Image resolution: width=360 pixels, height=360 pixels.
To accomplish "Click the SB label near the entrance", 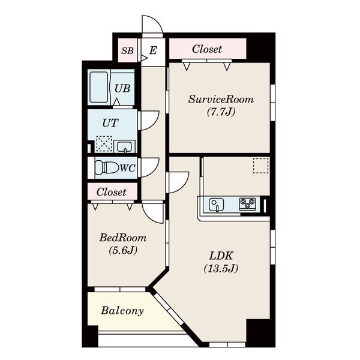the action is [127, 50].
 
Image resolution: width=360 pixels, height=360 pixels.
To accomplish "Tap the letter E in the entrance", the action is [153, 50].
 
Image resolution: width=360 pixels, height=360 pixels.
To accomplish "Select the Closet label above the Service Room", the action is [207, 49].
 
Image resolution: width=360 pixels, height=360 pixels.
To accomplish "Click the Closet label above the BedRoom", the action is [112, 192].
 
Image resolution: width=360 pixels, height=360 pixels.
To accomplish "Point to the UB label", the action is [122, 88].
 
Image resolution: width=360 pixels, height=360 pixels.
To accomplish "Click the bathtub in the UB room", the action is [99, 87].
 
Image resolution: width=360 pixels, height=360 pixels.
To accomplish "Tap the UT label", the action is [110, 123].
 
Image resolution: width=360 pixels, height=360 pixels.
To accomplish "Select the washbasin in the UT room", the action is [125, 146].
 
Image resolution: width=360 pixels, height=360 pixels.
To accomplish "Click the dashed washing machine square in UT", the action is [104, 144].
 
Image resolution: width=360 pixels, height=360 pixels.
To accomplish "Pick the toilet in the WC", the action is [107, 167].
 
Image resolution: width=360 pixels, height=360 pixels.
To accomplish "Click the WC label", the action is [128, 168].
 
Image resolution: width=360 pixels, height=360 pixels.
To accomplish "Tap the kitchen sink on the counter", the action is [216, 205].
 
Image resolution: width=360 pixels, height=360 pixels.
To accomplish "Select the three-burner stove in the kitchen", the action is [247, 204].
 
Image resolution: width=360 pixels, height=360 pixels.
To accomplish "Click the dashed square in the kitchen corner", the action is [261, 166].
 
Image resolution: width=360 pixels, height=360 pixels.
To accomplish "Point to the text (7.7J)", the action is [221, 112].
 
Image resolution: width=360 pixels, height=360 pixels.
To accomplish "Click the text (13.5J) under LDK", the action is [221, 268].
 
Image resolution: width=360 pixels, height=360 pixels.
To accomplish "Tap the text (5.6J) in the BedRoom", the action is [123, 250].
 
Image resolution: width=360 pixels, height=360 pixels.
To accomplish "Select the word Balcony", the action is [122, 311].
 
